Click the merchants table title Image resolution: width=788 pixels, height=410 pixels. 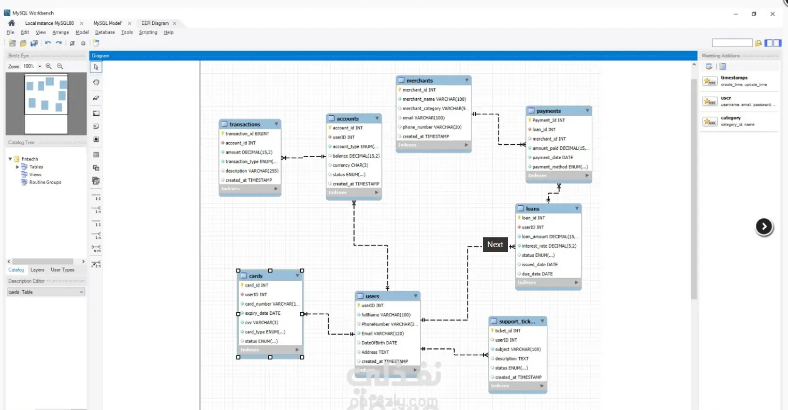(419, 81)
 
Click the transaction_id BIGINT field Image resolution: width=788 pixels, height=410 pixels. (247, 134)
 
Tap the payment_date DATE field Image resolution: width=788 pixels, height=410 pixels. (552, 158)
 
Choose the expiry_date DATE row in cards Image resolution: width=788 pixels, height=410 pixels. (262, 313)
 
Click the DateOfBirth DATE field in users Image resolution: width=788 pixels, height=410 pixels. (379, 343)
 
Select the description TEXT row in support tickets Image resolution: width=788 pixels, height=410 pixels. (512, 359)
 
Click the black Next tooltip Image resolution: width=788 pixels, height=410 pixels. (495, 245)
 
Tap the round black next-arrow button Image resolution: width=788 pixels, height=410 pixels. (764, 226)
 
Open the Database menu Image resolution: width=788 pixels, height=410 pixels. (105, 32)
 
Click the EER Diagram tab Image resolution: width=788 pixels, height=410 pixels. (155, 23)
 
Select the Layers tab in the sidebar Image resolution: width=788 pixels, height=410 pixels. (37, 270)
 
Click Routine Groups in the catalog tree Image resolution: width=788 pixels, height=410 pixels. (45, 183)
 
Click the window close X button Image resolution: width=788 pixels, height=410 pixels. (772, 14)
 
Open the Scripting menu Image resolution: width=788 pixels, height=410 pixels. (148, 32)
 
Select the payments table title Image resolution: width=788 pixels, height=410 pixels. (548, 111)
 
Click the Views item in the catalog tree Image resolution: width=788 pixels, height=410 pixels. (35, 175)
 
